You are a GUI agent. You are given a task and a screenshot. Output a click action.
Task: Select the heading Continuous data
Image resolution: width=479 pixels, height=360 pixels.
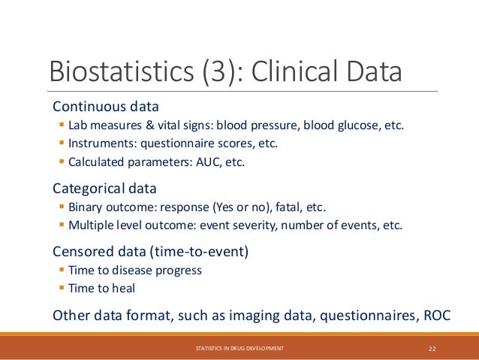pyautogui.click(x=105, y=105)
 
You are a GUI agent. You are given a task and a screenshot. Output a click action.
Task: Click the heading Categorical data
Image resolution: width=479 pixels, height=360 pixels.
pyautogui.click(x=104, y=188)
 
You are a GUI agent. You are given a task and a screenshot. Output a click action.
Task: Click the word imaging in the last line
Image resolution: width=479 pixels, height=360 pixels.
pyautogui.click(x=220, y=315)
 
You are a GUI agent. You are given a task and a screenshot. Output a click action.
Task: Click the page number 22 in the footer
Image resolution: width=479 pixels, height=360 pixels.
pyautogui.click(x=432, y=348)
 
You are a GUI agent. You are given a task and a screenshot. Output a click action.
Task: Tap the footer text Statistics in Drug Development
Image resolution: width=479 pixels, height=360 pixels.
pyautogui.click(x=239, y=348)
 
